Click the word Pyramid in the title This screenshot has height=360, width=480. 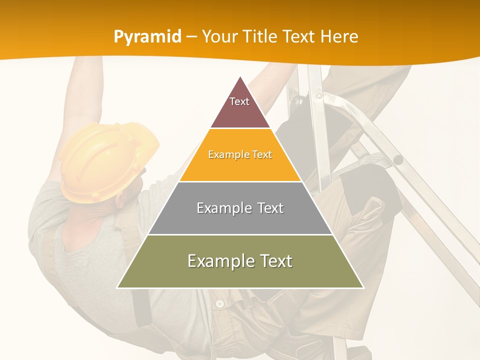(147, 37)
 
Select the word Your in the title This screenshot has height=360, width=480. (219, 36)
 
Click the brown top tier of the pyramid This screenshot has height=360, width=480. (240, 112)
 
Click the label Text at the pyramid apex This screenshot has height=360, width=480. (239, 101)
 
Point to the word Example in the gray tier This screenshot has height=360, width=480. (219, 208)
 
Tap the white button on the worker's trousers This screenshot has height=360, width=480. (219, 303)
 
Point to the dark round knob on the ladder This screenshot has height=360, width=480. (398, 160)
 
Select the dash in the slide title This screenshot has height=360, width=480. (191, 37)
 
